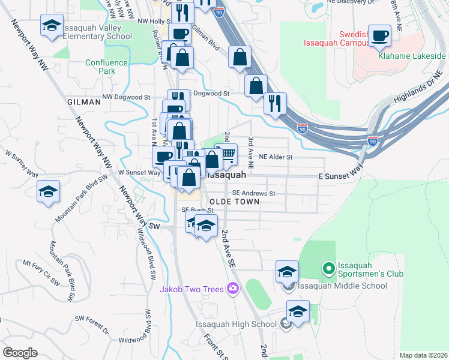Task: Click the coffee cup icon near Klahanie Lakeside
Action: tap(379, 36)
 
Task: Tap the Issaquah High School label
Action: tap(235, 325)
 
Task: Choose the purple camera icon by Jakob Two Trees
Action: tap(233, 289)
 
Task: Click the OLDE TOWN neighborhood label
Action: tap(235, 202)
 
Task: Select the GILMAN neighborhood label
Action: tap(84, 102)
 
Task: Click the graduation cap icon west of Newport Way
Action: tap(48, 192)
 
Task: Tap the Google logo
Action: tap(20, 353)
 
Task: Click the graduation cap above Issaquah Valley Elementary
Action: tap(52, 26)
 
